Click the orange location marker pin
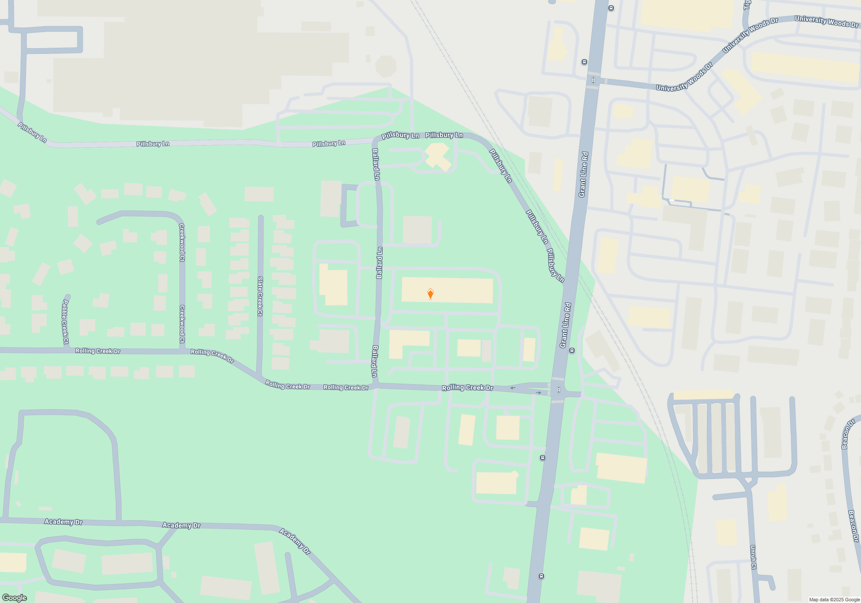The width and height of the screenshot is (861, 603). (x=430, y=294)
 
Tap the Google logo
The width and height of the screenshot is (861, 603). (x=14, y=598)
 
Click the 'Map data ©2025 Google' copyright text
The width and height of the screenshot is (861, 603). (x=834, y=600)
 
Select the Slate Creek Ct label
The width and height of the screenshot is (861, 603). (x=260, y=296)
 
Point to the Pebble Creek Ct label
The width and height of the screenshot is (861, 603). (x=65, y=321)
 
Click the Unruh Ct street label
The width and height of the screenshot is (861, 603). (x=753, y=557)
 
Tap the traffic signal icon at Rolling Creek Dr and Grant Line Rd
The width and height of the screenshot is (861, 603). (x=558, y=390)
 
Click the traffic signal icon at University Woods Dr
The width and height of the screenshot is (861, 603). (x=593, y=80)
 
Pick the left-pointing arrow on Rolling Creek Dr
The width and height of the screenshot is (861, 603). (x=513, y=388)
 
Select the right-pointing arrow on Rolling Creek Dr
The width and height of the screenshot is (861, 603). (x=539, y=393)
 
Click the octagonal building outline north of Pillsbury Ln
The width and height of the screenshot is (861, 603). (x=386, y=67)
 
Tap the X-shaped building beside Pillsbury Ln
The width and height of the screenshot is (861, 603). (x=438, y=157)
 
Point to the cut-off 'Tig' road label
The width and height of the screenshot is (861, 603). (x=747, y=5)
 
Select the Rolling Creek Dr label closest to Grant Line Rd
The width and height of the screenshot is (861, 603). (x=468, y=388)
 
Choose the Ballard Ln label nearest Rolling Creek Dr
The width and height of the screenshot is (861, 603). (x=375, y=361)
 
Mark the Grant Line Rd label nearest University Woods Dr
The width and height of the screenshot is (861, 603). (x=583, y=174)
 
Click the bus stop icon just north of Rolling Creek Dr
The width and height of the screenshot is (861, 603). (x=572, y=350)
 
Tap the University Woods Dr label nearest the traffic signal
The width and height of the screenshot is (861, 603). (x=684, y=78)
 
